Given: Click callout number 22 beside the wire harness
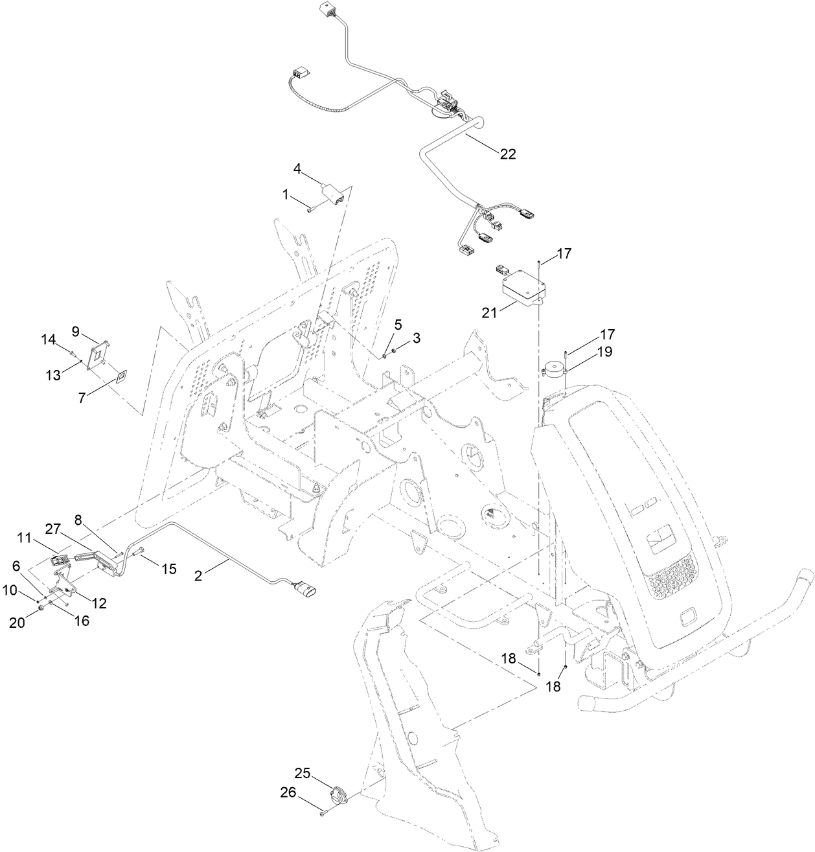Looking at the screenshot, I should pyautogui.click(x=507, y=154).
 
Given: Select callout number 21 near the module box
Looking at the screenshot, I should pyautogui.click(x=489, y=312).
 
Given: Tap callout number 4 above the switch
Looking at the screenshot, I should pyautogui.click(x=297, y=168).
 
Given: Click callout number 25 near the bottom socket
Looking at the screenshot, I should pyautogui.click(x=303, y=774).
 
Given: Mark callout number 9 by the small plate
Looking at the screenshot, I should pyautogui.click(x=76, y=331).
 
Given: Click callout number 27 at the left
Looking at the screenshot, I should pyautogui.click(x=53, y=529).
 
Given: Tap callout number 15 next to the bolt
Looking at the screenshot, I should pyautogui.click(x=168, y=569).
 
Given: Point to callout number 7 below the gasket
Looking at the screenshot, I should pyautogui.click(x=82, y=397).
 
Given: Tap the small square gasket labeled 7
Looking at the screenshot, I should pyautogui.click(x=121, y=377).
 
